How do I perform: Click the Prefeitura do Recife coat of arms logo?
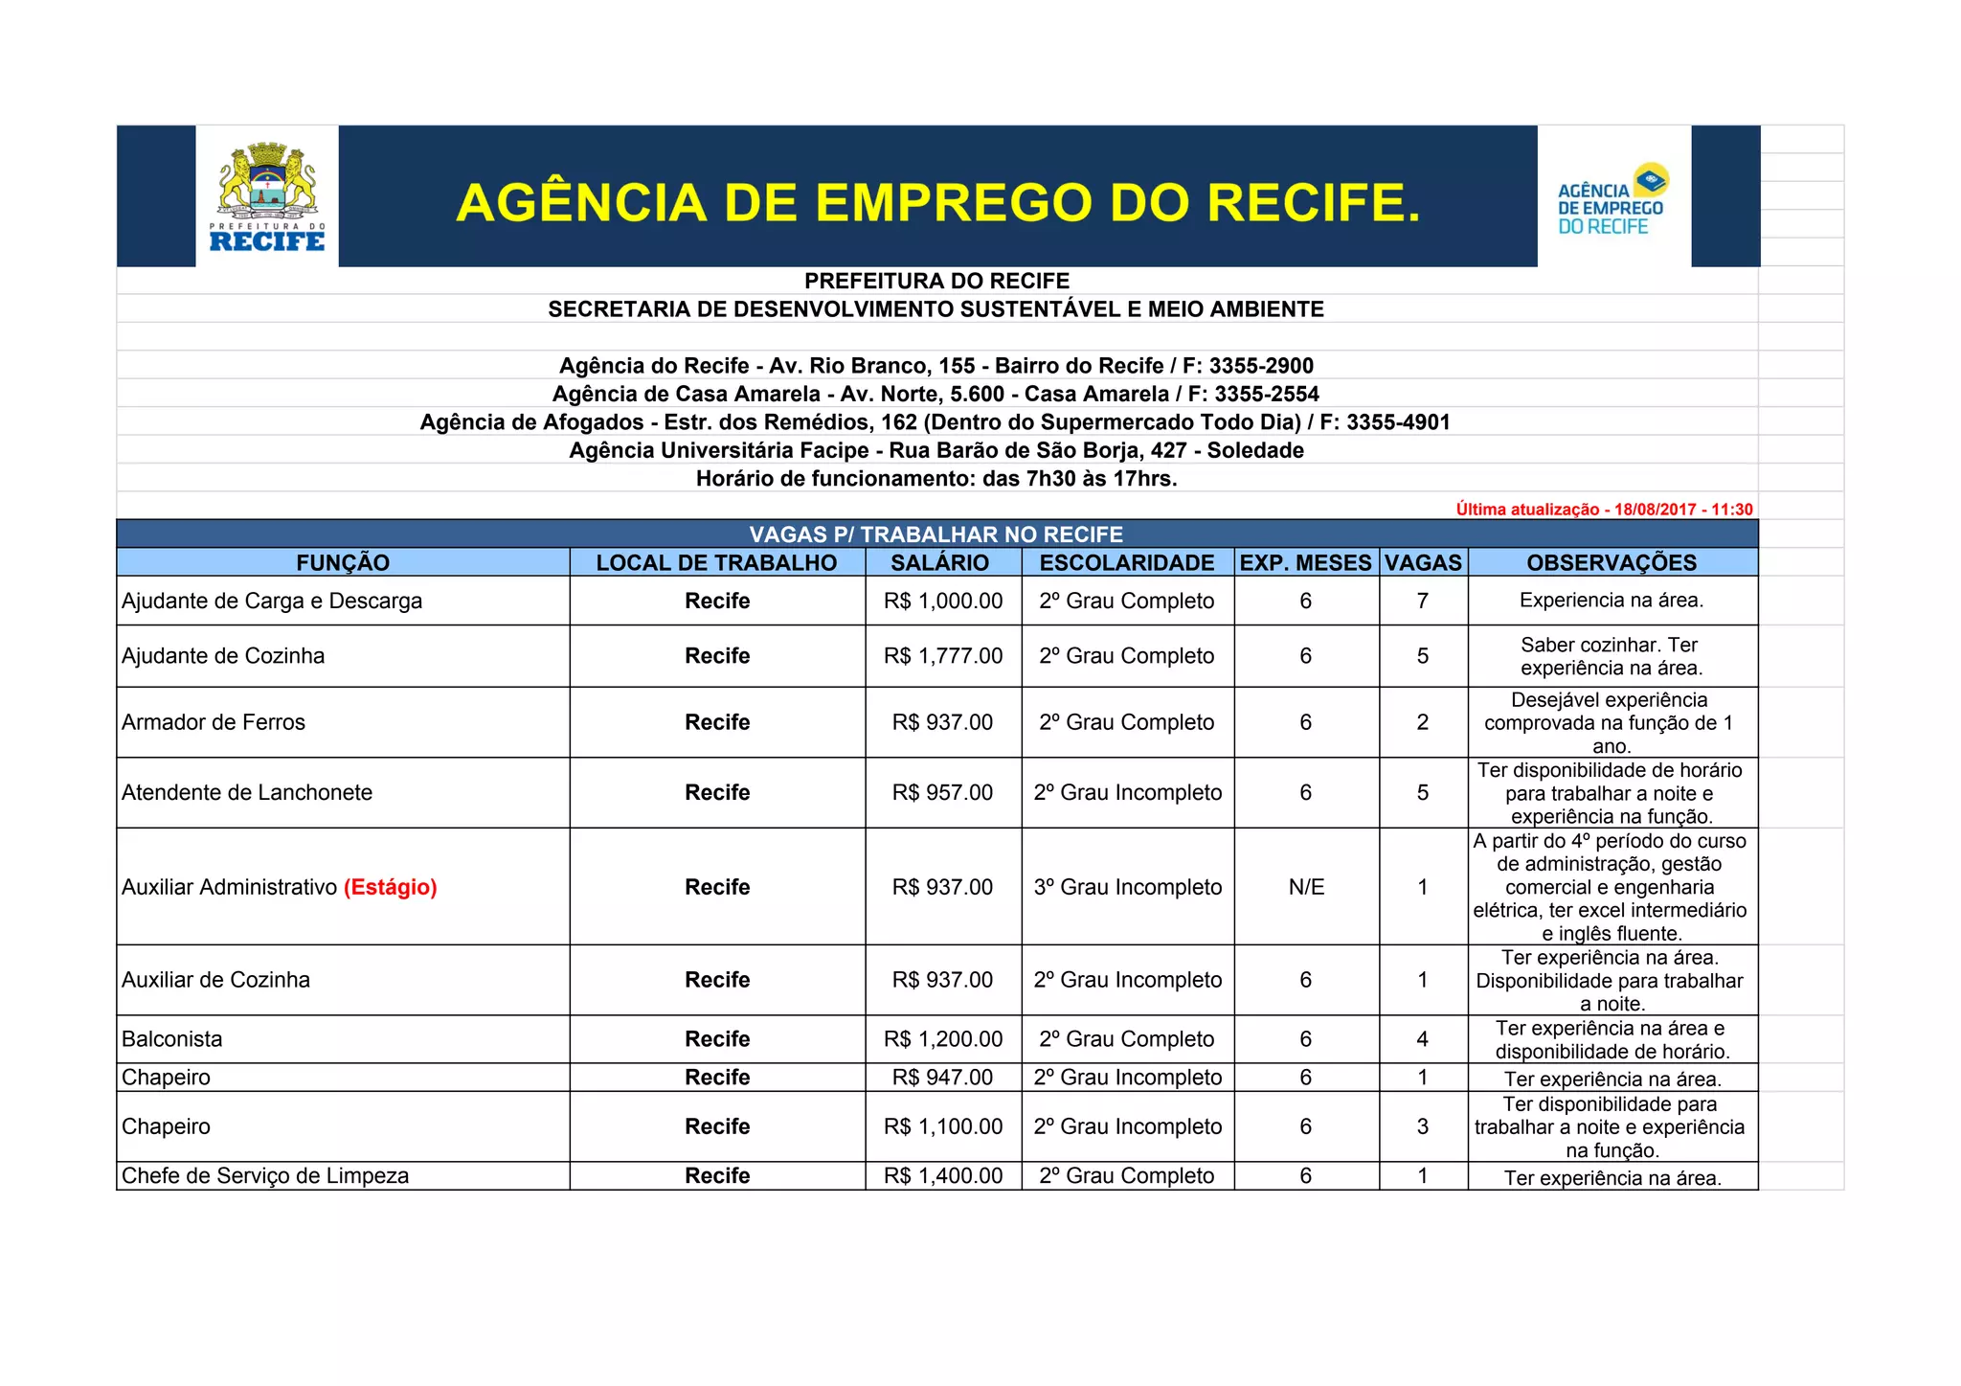(267, 196)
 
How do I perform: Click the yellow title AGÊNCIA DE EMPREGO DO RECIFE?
(937, 203)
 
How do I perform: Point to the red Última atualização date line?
(1604, 510)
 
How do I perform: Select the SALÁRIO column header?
(939, 563)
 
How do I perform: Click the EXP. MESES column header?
(1305, 563)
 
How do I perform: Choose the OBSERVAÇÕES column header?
(1612, 563)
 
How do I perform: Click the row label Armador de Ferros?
(214, 722)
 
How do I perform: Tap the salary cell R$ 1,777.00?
(943, 656)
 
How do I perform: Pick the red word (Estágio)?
(391, 887)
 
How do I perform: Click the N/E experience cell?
(1306, 887)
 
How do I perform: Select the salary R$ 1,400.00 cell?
(943, 1176)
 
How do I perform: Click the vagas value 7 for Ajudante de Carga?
(1423, 601)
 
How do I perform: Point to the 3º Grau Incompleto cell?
(1128, 887)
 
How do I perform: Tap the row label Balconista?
(172, 1039)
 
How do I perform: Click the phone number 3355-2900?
(1261, 366)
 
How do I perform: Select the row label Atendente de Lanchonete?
(247, 792)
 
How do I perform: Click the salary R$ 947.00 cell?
(943, 1078)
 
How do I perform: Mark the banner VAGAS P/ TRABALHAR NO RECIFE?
(936, 534)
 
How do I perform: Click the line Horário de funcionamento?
(936, 479)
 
